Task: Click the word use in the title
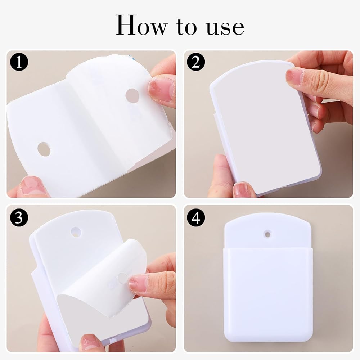pyautogui.click(x=225, y=28)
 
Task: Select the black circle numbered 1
pyautogui.click(x=19, y=62)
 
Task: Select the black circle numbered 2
pyautogui.click(x=195, y=62)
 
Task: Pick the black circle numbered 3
pyautogui.click(x=19, y=217)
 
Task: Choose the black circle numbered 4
pyautogui.click(x=195, y=217)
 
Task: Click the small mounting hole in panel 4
pyautogui.click(x=267, y=234)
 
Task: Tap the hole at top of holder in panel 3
pyautogui.click(x=76, y=232)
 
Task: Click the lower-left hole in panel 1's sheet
pyautogui.click(x=44, y=149)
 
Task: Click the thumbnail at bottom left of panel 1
pyautogui.click(x=33, y=185)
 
